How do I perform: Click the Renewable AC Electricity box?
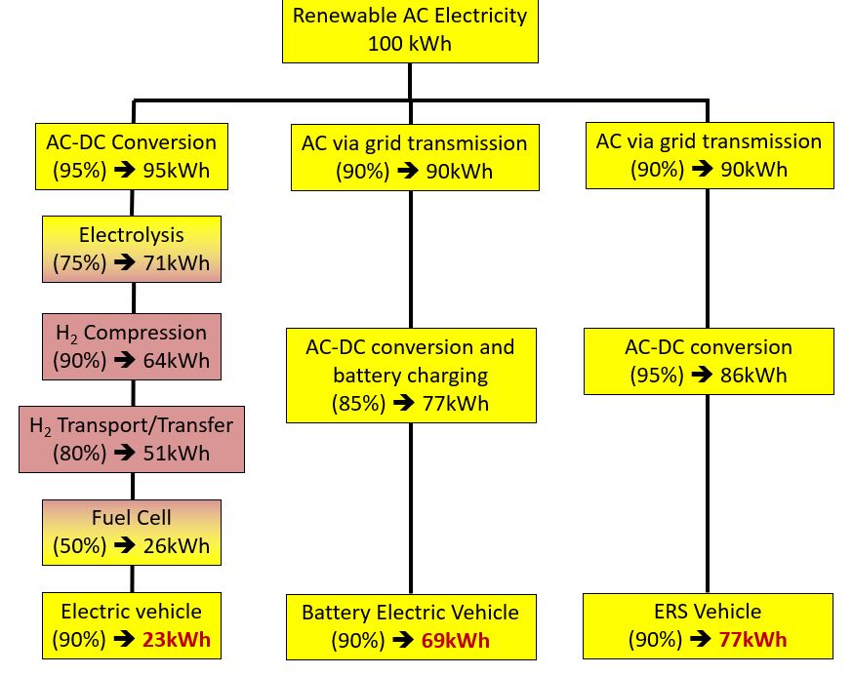pyautogui.click(x=410, y=30)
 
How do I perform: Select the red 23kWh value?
pyautogui.click(x=177, y=640)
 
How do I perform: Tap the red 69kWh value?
pyautogui.click(x=456, y=641)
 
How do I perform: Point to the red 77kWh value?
pyautogui.click(x=752, y=640)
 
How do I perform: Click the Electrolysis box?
pyautogui.click(x=132, y=249)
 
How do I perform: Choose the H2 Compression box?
pyautogui.click(x=132, y=346)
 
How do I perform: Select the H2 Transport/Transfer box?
pyautogui.click(x=132, y=439)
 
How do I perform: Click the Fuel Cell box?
pyautogui.click(x=132, y=533)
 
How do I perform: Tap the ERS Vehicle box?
pyautogui.click(x=708, y=626)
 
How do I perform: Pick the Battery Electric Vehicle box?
pyautogui.click(x=411, y=627)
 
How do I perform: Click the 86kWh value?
pyautogui.click(x=753, y=376)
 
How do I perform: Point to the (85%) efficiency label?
pyautogui.click(x=358, y=404)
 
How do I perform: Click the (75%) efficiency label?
pyautogui.click(x=79, y=263)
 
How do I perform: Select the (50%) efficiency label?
pyautogui.click(x=79, y=546)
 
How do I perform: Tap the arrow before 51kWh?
pyautogui.click(x=125, y=453)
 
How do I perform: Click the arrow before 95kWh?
pyautogui.click(x=125, y=171)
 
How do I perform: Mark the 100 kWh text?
pyautogui.click(x=410, y=44)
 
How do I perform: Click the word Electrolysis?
pyautogui.click(x=132, y=235)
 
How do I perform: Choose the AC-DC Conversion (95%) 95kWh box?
pyautogui.click(x=132, y=157)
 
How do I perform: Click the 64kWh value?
pyautogui.click(x=177, y=361)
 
